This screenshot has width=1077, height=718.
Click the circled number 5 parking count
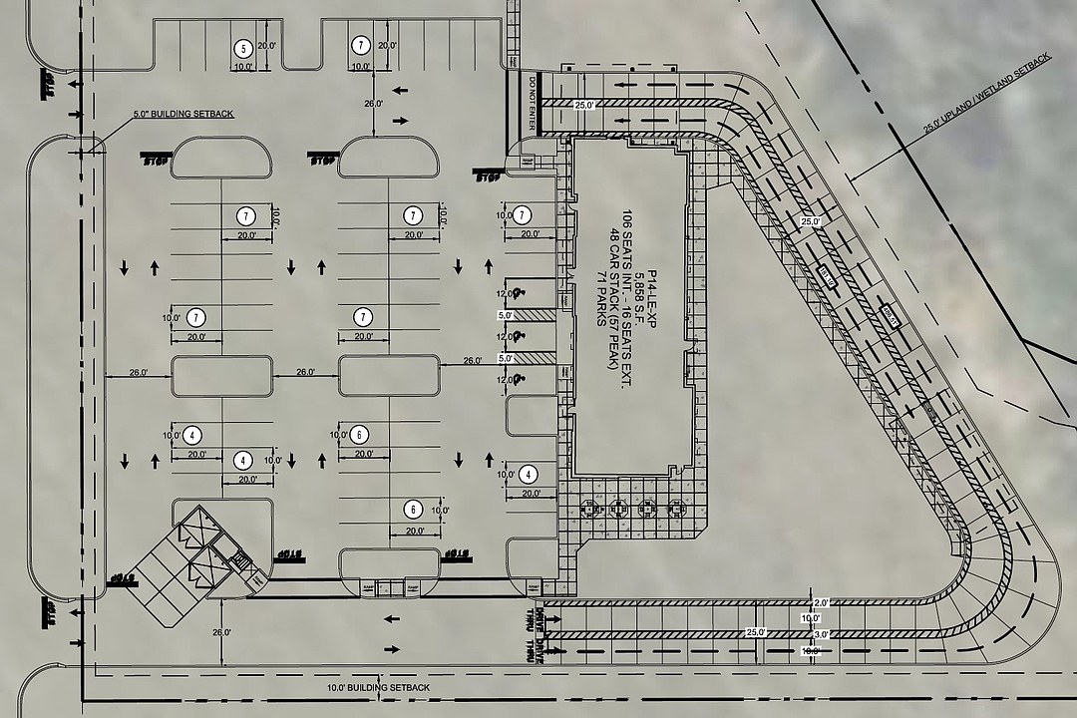pyautogui.click(x=240, y=48)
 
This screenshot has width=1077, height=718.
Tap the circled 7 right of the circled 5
pyautogui.click(x=361, y=46)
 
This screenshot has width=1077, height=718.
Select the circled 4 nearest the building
pyautogui.click(x=529, y=475)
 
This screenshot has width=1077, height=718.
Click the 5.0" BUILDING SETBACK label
pyautogui.click(x=183, y=115)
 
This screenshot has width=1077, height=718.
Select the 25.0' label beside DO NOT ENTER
pyautogui.click(x=582, y=105)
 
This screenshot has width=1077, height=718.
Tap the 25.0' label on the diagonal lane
pyautogui.click(x=809, y=221)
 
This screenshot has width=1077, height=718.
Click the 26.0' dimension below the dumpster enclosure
pyautogui.click(x=221, y=632)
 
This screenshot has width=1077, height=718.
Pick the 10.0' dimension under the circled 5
pyautogui.click(x=242, y=67)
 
